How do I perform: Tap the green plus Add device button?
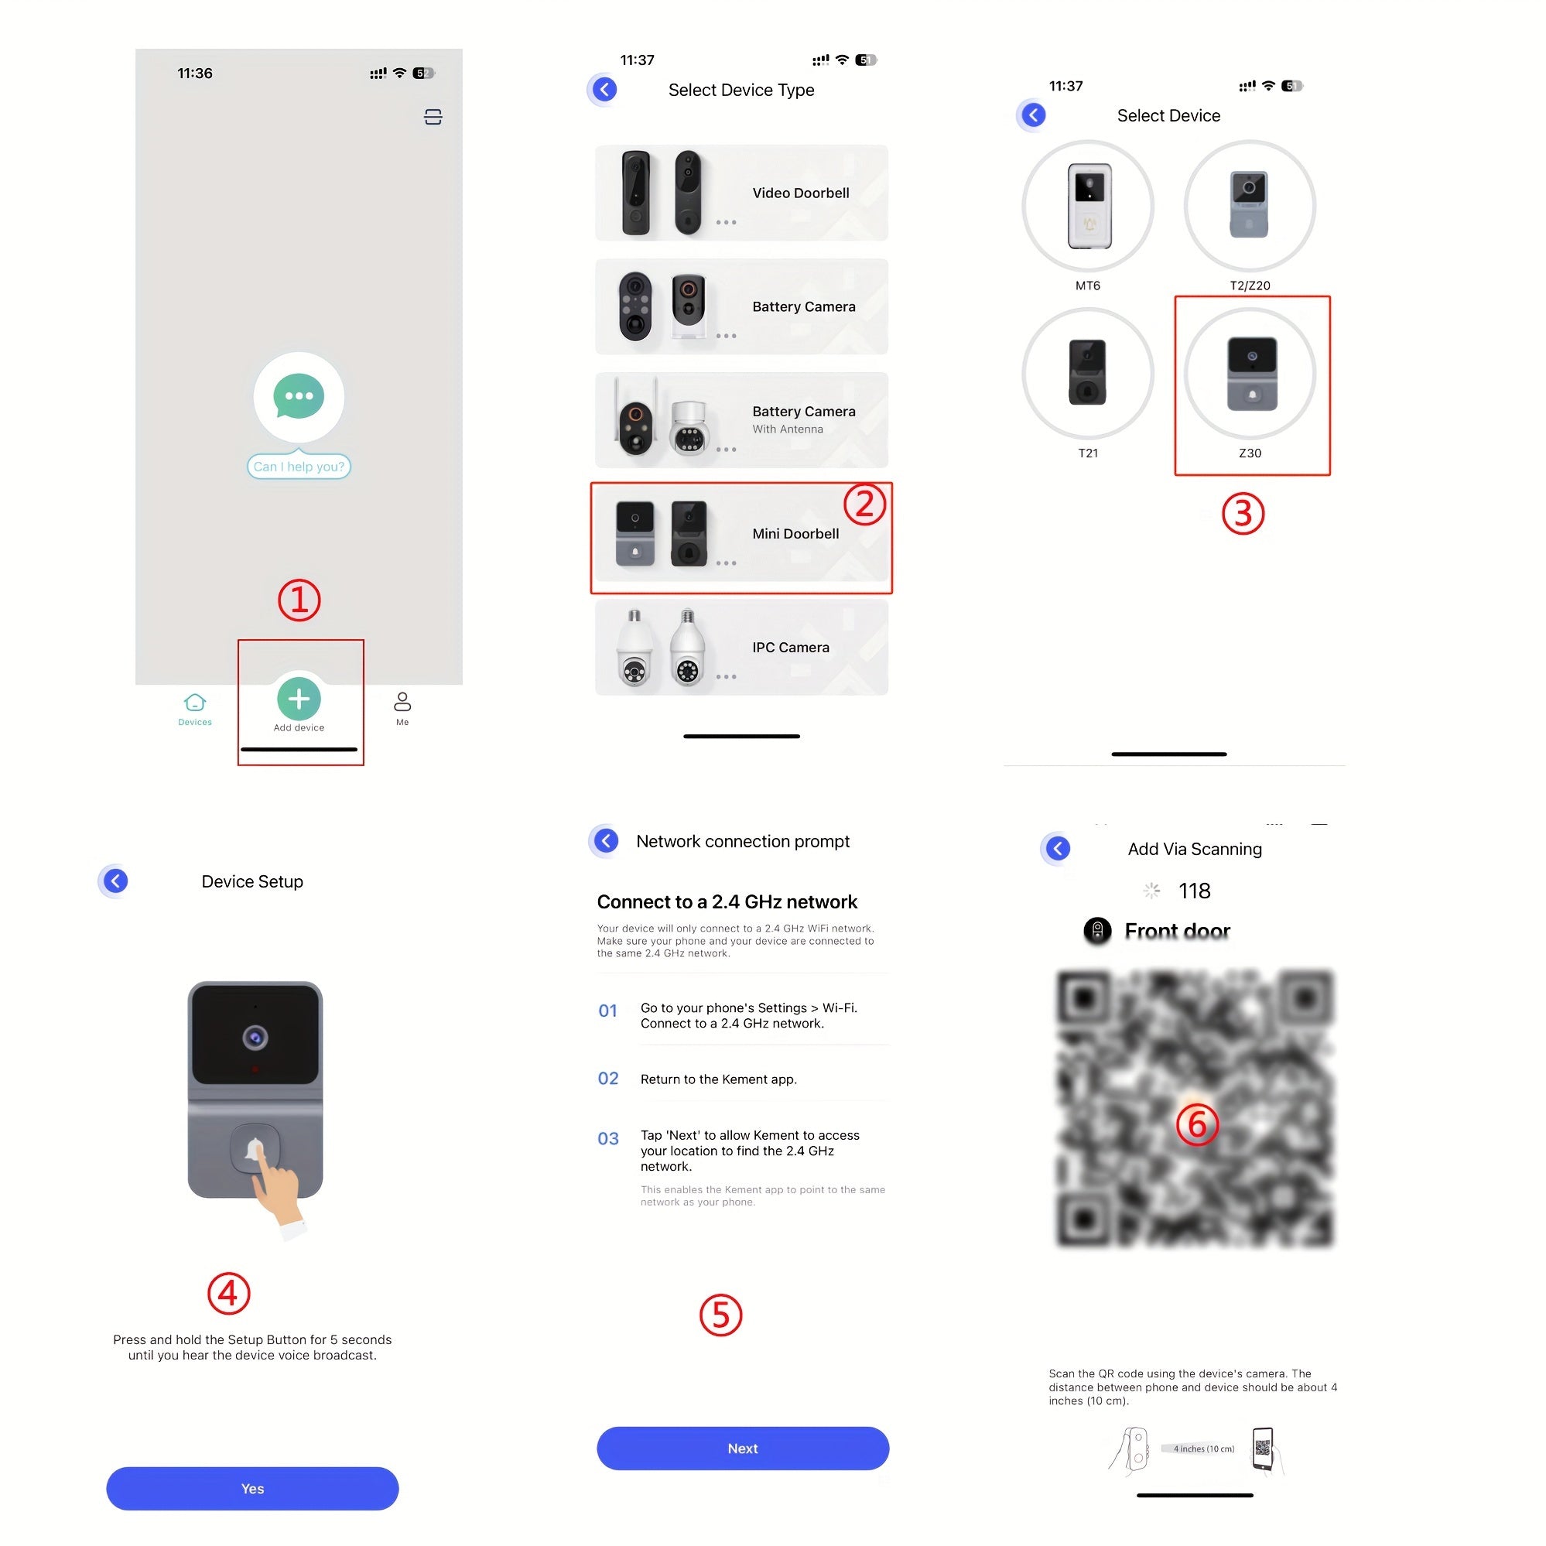[299, 699]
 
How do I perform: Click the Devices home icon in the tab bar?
[194, 703]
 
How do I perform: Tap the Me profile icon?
[402, 702]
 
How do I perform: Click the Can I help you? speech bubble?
[299, 467]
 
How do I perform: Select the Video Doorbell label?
[800, 193]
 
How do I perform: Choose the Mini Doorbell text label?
[795, 534]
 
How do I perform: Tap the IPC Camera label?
[791, 648]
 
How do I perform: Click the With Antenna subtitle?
[788, 429]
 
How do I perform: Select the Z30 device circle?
[1249, 374]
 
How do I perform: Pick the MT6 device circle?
[1087, 207]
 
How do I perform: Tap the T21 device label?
[1087, 453]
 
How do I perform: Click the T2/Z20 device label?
[1249, 286]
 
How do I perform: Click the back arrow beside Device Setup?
[116, 881]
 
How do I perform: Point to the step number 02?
[608, 1079]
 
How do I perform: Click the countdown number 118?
[1194, 891]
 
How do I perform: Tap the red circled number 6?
[1196, 1124]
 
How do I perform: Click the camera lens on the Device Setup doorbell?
[255, 1038]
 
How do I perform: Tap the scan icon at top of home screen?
[433, 118]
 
